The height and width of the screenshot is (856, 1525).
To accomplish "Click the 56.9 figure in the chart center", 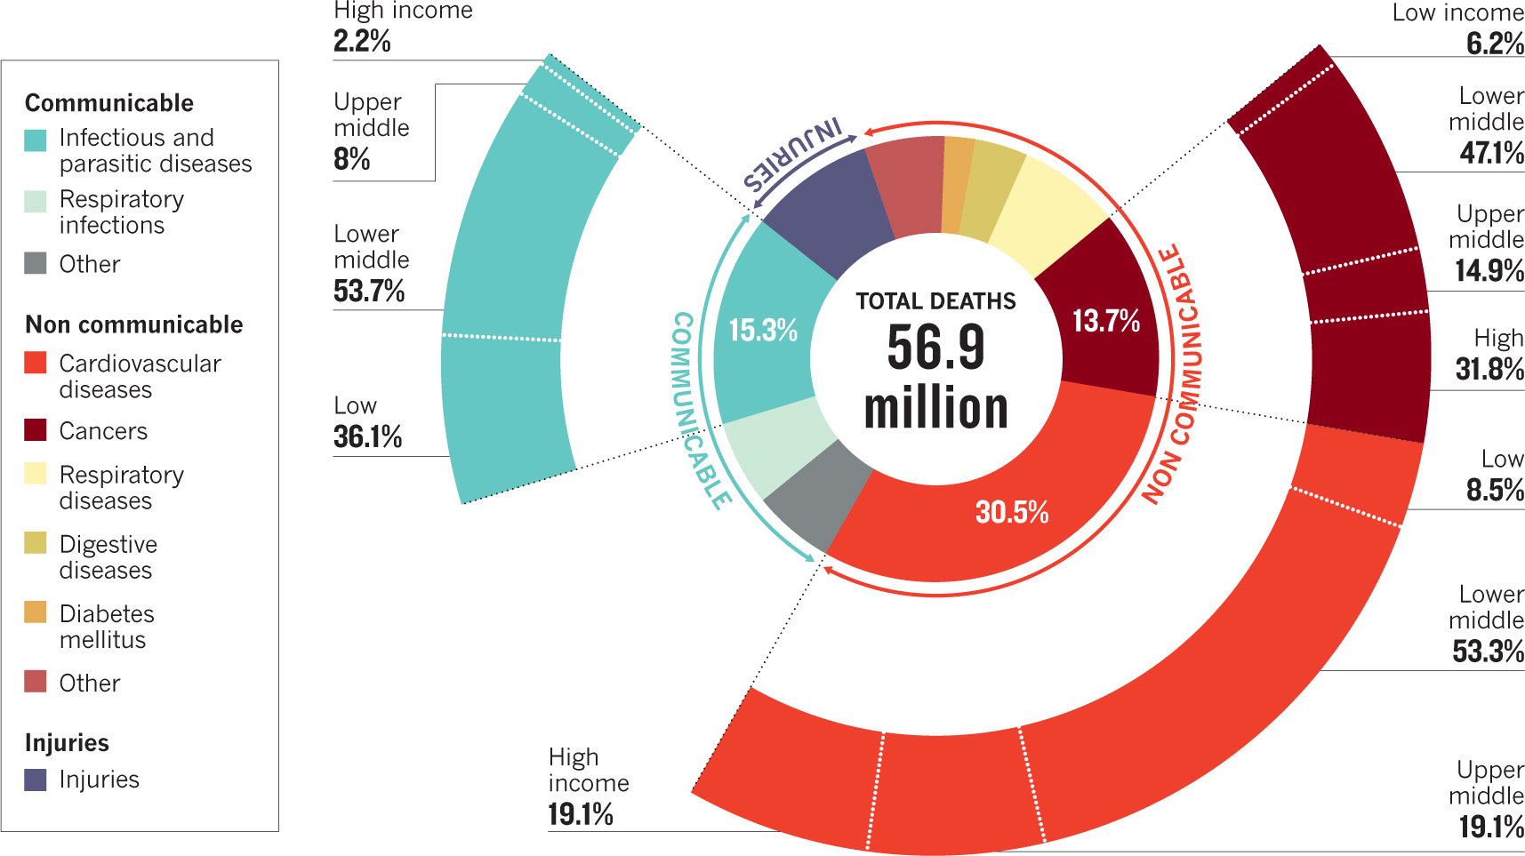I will coord(935,347).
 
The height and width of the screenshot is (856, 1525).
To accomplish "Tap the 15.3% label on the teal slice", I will coord(763,331).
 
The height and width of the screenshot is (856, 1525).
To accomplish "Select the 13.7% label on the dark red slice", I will coord(1106,321).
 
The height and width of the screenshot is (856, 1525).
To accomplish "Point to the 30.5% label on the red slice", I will coord(1012,512).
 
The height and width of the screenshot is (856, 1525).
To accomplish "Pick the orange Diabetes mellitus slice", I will coord(957,185).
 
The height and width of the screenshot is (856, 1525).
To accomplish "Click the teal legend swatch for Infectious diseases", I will coord(36,140).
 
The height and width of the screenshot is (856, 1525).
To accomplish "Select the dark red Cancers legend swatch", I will coord(36,430).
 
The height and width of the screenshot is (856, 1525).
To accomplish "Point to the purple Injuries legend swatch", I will coord(36,780).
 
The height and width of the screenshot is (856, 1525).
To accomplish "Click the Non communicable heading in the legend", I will coord(133,324).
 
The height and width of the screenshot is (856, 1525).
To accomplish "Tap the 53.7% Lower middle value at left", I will coord(369,291).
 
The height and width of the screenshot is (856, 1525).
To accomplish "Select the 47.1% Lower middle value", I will coord(1491,153).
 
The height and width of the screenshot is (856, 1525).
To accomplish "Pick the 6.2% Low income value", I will coord(1495,43).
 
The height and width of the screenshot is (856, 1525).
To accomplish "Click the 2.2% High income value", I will coord(362,41).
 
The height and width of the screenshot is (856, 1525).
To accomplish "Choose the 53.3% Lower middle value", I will coord(1488,652).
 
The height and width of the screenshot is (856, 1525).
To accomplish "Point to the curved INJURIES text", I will coord(793,156).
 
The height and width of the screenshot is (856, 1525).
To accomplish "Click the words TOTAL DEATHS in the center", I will coord(935,301).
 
